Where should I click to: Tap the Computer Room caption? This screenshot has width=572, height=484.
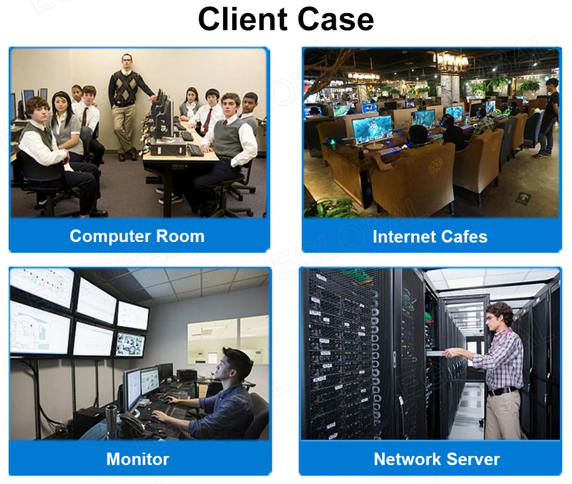pyautogui.click(x=137, y=236)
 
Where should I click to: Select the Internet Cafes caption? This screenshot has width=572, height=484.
pyautogui.click(x=430, y=236)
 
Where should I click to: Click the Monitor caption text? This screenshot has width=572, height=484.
pyautogui.click(x=138, y=459)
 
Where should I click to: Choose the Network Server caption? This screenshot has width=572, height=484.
pyautogui.click(x=436, y=459)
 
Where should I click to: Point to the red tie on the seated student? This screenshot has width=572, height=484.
pyautogui.click(x=207, y=121)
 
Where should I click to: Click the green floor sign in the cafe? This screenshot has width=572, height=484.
pyautogui.click(x=522, y=198)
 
